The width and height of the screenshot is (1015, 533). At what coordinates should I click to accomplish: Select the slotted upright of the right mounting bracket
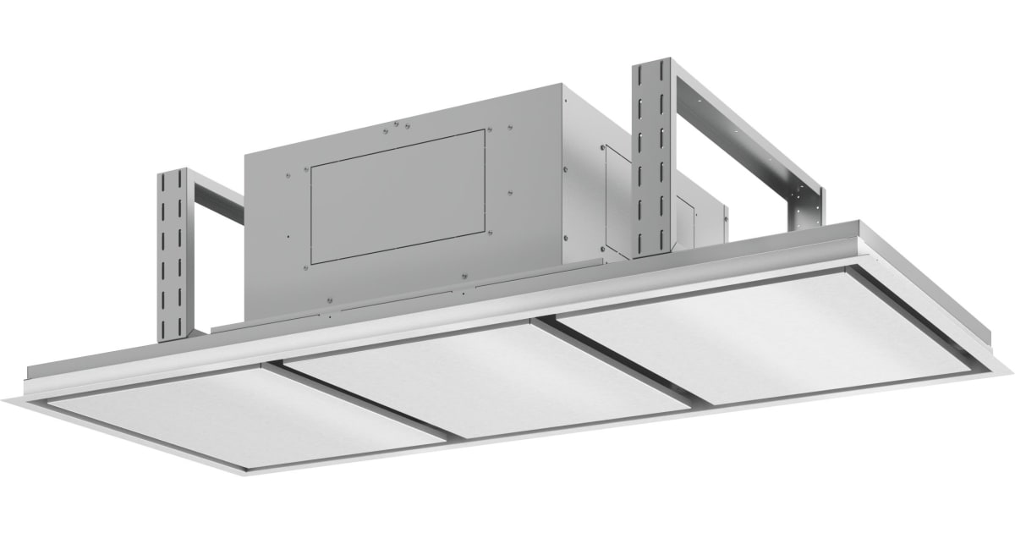(651, 157)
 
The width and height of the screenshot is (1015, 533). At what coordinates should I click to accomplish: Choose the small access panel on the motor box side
(614, 196)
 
